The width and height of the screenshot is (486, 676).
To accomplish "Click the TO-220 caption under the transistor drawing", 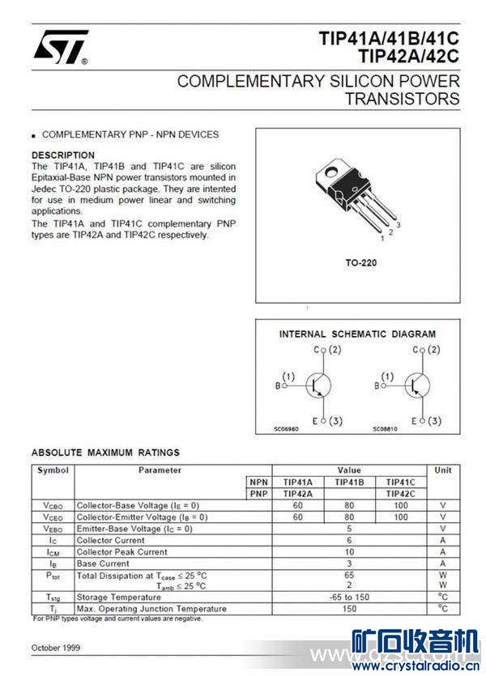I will [x=360, y=263].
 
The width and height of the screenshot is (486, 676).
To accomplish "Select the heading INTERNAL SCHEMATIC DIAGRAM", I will [x=357, y=334].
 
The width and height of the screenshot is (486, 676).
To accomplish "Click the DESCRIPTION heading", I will [x=63, y=155].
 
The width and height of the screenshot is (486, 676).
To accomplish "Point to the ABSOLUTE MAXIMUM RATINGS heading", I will [x=105, y=453].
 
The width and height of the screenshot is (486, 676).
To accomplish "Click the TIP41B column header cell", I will [x=349, y=482].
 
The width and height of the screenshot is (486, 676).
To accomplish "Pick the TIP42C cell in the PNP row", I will [x=400, y=493].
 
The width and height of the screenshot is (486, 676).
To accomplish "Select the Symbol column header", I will [x=53, y=470].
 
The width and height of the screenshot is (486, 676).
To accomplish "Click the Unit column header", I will [x=442, y=470].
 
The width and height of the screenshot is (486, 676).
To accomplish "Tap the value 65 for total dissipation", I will [x=349, y=574].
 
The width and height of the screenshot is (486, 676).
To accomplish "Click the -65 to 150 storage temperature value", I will [x=349, y=597].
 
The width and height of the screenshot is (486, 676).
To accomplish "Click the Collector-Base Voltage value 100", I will [x=400, y=505].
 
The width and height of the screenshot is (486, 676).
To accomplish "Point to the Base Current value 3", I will [x=349, y=563].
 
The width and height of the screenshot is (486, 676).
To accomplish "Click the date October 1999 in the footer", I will [x=56, y=648].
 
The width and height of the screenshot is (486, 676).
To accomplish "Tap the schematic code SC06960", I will [x=287, y=428].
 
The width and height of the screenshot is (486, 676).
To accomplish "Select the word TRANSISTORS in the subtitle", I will [x=402, y=99].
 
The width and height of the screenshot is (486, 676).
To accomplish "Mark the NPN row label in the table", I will [x=259, y=482].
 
